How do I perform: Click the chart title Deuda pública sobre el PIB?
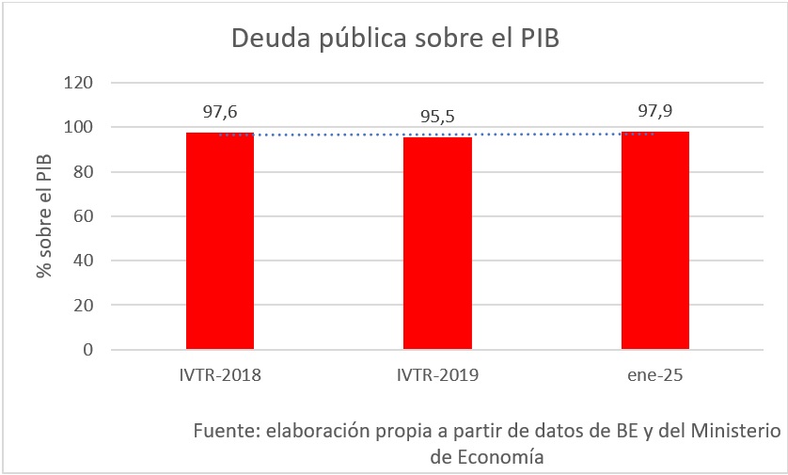point(395,39)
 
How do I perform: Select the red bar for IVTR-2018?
point(220,241)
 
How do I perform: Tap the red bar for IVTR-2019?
point(437,243)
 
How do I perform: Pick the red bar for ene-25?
point(654,240)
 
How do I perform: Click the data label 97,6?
point(220,112)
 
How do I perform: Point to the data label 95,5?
point(437,117)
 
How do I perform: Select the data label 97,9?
point(654,111)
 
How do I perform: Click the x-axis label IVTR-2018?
point(220,374)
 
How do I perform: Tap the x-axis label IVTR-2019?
point(437,374)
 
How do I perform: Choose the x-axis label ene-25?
point(654,374)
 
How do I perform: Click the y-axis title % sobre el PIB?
point(43,216)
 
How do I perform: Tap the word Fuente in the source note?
point(225,431)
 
